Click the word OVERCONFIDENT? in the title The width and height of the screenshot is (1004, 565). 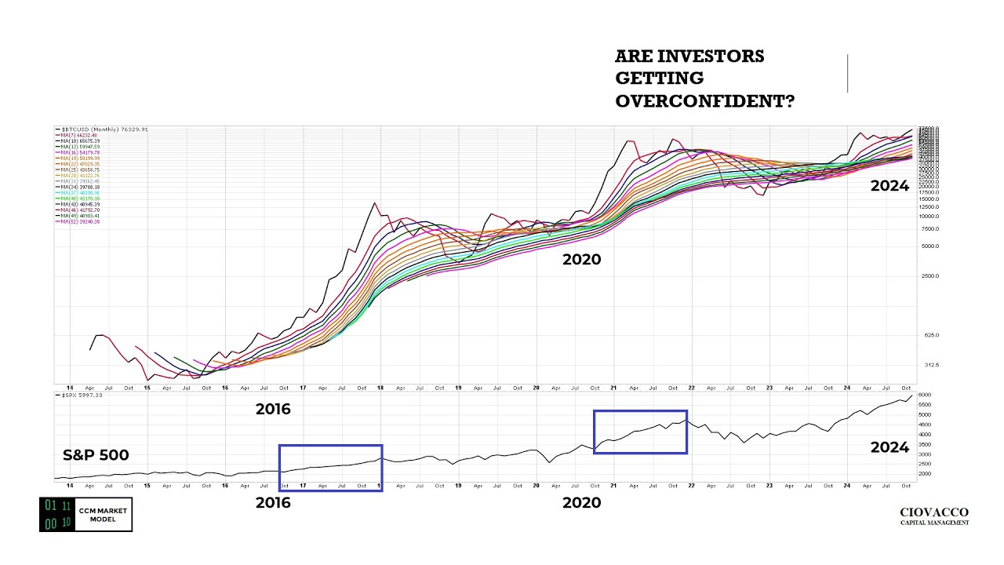point(704,101)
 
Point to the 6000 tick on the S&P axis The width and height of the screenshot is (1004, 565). point(925,395)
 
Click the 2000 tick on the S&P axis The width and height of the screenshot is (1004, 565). point(925,474)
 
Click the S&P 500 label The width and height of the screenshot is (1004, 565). point(96,455)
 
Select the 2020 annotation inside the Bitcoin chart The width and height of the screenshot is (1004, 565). point(581,260)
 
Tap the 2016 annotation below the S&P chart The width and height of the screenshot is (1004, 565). point(273,503)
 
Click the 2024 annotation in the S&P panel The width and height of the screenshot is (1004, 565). point(889,447)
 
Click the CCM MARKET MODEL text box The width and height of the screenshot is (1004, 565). point(104,514)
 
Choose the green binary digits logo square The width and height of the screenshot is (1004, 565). point(57,514)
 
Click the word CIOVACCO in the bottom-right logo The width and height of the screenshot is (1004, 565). point(934,512)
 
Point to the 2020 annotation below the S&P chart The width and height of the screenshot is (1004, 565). point(581,503)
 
